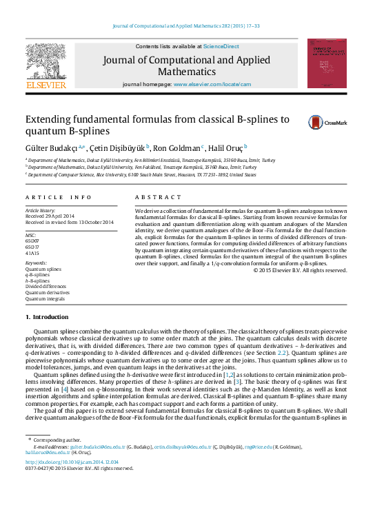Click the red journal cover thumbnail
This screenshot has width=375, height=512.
pos(327,63)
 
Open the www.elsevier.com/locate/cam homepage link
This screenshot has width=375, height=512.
pos(212,84)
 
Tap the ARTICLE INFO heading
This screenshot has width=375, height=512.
pos(58,197)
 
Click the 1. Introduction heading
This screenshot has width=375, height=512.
pos(47,317)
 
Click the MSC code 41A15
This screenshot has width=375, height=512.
pos(33,253)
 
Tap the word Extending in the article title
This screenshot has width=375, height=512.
pos(49,119)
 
